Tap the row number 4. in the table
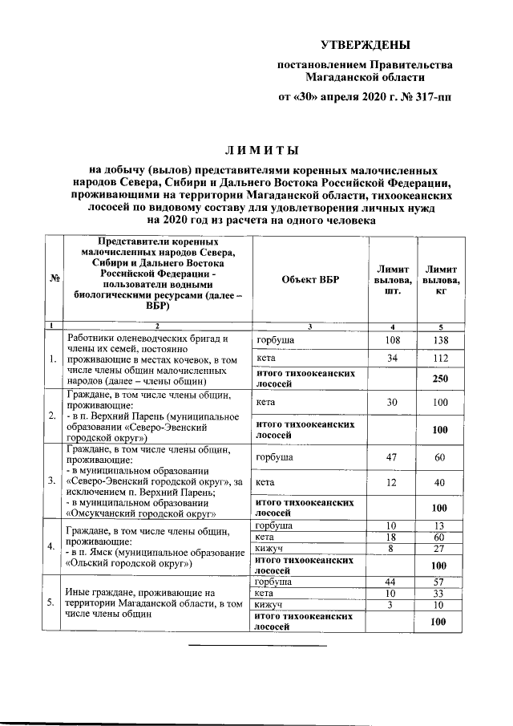coord(51,548)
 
